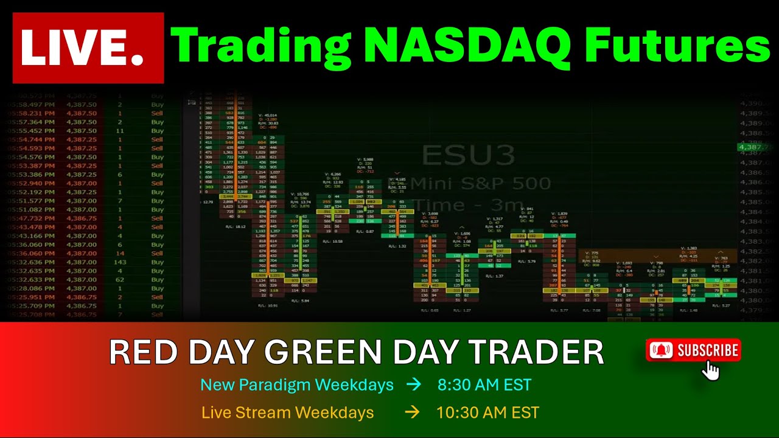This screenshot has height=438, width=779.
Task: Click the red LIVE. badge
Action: [x=88, y=48]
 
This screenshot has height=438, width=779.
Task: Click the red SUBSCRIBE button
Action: [x=693, y=350]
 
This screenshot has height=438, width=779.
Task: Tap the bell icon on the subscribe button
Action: [x=662, y=350]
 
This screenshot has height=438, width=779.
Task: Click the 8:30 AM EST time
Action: [x=484, y=385]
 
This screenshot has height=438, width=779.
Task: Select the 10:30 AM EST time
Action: [x=487, y=412]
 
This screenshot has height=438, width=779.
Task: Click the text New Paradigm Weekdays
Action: [x=296, y=385]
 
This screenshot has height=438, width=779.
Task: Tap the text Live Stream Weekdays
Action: [x=287, y=412]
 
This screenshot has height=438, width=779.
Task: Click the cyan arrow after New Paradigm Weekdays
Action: [x=414, y=385]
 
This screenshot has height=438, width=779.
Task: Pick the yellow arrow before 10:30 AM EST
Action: [x=412, y=412]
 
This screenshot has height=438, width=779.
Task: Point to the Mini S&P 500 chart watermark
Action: [x=481, y=183]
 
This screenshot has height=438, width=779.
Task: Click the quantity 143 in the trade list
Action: [x=119, y=262]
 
